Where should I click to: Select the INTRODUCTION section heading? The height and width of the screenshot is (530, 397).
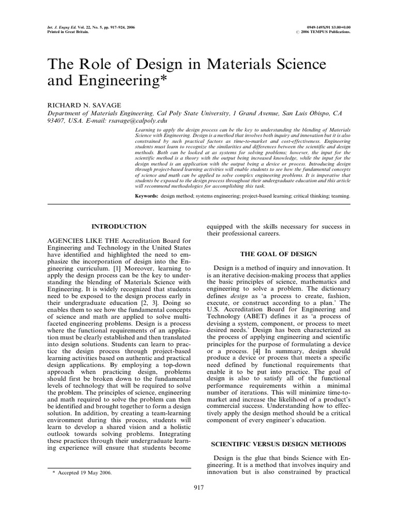[118, 226]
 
